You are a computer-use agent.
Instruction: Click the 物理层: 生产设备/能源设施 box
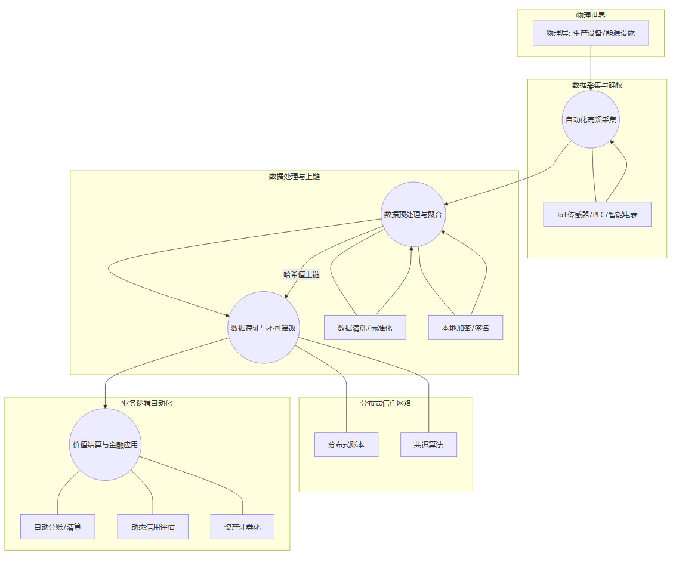[591, 33]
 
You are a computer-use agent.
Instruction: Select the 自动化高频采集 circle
[592, 119]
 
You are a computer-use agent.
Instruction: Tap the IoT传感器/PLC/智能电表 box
[597, 214]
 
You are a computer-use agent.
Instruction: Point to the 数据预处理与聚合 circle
[413, 214]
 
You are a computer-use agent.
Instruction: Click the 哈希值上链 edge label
[301, 275]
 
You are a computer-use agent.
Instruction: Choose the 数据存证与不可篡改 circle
[264, 328]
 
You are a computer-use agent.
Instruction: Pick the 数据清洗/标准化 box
[365, 328]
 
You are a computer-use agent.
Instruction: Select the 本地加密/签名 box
[465, 328]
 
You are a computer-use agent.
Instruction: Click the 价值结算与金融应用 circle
[105, 444]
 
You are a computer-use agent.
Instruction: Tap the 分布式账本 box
[346, 444]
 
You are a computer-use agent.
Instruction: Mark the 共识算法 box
[428, 444]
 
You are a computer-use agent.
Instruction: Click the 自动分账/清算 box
[57, 527]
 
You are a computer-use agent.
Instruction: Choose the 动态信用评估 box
[153, 527]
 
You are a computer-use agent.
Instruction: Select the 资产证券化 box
[242, 527]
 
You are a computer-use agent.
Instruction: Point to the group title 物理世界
[591, 15]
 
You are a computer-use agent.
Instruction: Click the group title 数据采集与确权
[597, 85]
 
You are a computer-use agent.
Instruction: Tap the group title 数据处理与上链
[294, 177]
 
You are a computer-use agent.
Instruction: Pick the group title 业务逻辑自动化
[147, 403]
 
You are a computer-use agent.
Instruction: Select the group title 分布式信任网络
[385, 403]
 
